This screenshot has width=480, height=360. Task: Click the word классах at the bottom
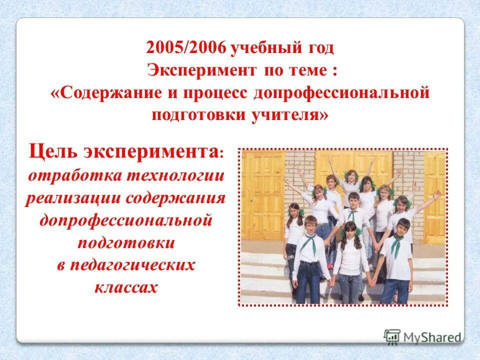click(x=125, y=287)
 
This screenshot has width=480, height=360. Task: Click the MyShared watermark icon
click(x=392, y=336)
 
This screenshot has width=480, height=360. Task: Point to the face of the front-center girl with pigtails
click(x=349, y=231)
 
